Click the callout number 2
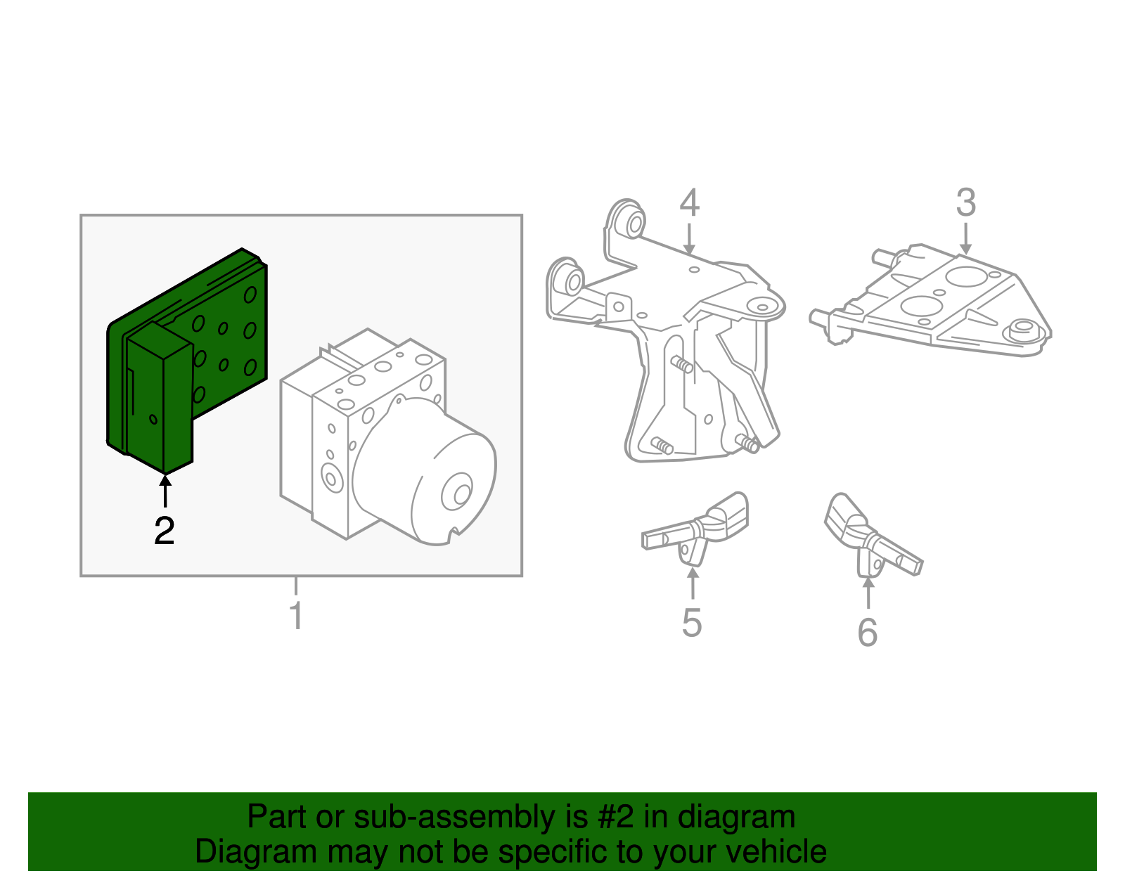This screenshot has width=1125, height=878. point(164,530)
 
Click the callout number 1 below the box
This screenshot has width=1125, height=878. point(296,615)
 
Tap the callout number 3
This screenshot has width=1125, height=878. point(965,202)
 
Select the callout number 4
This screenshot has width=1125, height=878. point(689,202)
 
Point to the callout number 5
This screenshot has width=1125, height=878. point(692,622)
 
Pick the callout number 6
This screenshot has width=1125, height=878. point(868,632)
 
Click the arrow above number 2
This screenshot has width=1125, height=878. point(165,491)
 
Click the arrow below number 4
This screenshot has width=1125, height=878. point(688,238)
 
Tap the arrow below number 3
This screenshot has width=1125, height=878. point(965,238)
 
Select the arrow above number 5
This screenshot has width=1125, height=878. point(693,583)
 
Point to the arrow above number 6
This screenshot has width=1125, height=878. point(868,593)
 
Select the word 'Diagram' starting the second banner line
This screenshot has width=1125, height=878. point(256,852)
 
